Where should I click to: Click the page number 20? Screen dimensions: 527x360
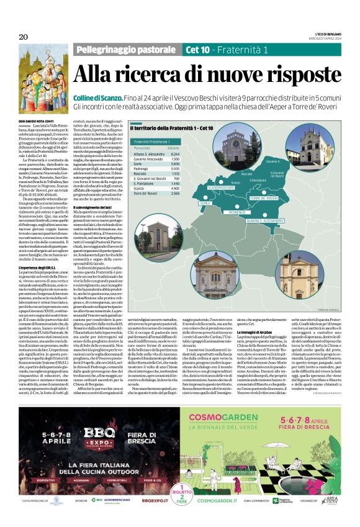(24, 37)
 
